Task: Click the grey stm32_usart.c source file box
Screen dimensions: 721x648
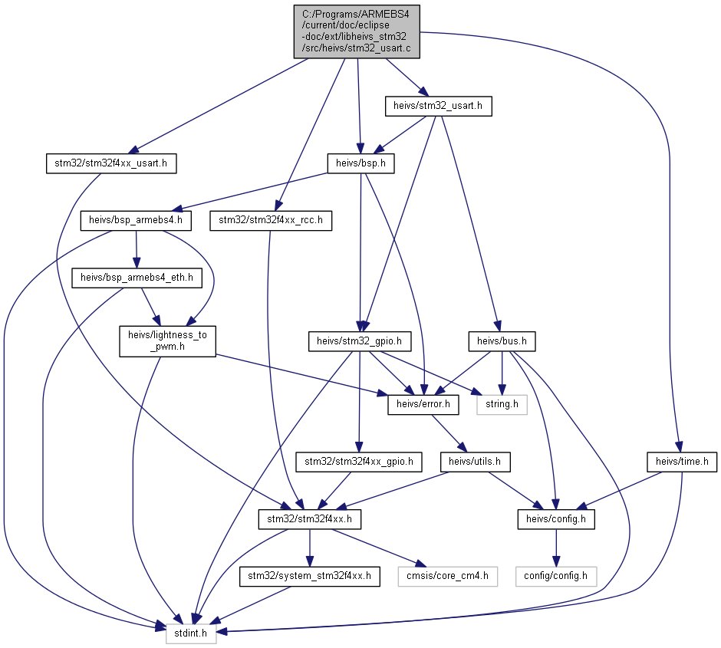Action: (357, 31)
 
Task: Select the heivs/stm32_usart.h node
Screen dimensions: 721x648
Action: (438, 106)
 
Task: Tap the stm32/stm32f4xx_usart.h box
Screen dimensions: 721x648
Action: (111, 163)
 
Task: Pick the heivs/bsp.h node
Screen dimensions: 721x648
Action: (361, 163)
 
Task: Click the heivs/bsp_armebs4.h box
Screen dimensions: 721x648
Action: (136, 221)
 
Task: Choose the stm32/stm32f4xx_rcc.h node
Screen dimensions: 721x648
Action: (271, 221)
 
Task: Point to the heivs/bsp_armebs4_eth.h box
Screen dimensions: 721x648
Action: (137, 278)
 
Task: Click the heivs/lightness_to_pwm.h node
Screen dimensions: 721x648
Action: (167, 341)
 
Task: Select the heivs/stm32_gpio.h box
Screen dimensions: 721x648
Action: (360, 341)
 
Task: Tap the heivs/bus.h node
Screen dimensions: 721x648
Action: (502, 341)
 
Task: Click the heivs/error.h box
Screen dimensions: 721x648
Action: (423, 404)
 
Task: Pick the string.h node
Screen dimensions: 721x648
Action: (502, 404)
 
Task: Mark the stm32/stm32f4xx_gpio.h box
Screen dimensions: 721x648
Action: (359, 462)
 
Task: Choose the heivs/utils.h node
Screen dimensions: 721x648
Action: (475, 462)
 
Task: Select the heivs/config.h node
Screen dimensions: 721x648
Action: (556, 519)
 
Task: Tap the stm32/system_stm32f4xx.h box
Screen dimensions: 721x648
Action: (309, 577)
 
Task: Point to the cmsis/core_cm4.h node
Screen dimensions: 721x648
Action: (448, 577)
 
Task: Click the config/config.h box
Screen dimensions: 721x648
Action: (556, 577)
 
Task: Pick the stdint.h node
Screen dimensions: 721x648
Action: (191, 633)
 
